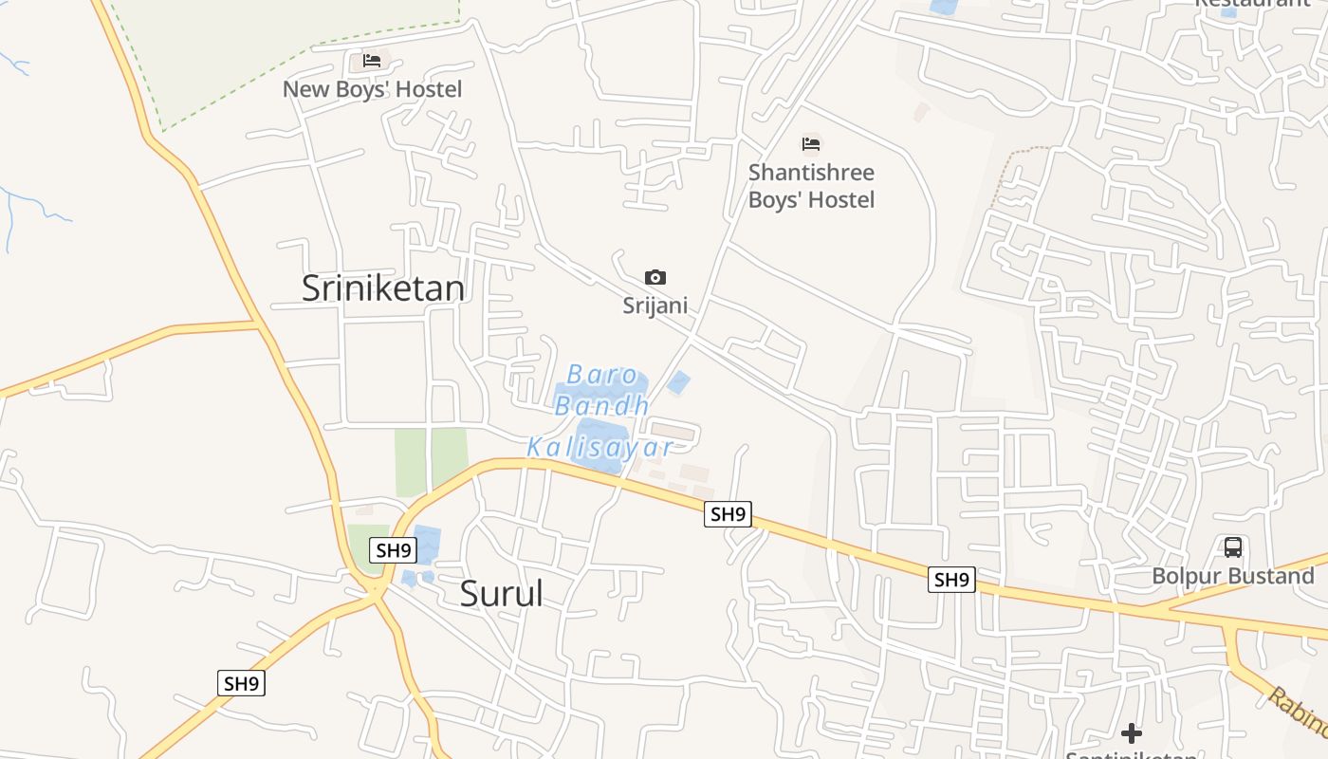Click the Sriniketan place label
tap(383, 288)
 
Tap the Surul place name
tap(502, 594)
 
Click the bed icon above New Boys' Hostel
tap(372, 61)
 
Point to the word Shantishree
tap(811, 173)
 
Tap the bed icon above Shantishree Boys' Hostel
tap(811, 144)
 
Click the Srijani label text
tap(655, 305)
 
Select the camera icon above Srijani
tap(655, 278)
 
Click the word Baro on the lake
tap(602, 375)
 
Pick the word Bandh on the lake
tap(602, 406)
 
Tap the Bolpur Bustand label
tap(1233, 576)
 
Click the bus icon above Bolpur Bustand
tap(1233, 547)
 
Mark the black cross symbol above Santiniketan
tap(1131, 733)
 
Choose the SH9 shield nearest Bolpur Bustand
tap(951, 580)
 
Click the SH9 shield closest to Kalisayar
tap(728, 514)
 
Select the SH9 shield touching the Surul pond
tap(393, 549)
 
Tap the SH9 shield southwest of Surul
tap(241, 683)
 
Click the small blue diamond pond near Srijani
tap(678, 383)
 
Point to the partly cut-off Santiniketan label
tap(1131, 754)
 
